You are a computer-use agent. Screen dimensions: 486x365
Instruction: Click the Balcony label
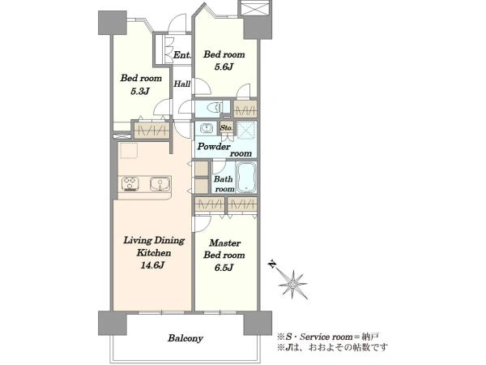[x=185, y=338]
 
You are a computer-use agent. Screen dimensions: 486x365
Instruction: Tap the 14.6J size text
[x=152, y=265]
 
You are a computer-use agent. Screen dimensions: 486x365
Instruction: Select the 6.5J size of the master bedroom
[x=224, y=268]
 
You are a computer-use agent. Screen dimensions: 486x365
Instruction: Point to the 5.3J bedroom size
[x=140, y=91]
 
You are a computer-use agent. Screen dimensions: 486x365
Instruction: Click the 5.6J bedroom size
[x=224, y=67]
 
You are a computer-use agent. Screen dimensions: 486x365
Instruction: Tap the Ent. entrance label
[x=182, y=55]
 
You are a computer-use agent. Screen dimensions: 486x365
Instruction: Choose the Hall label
[x=182, y=84]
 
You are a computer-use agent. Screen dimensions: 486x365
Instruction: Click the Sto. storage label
[x=227, y=127]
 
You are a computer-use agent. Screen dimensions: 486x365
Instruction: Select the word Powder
[x=214, y=147]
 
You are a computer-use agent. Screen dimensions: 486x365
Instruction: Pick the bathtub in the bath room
[x=246, y=177]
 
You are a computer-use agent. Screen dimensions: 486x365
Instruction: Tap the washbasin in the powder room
[x=206, y=128]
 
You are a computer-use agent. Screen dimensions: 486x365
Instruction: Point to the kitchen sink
[x=160, y=184]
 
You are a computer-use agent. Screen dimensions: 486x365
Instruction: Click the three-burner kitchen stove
[x=130, y=184]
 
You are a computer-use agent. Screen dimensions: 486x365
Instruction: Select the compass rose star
[x=292, y=285]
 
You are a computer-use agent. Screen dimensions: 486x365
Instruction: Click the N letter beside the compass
[x=272, y=264]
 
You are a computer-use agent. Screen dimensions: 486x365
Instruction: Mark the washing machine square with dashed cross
[x=246, y=130]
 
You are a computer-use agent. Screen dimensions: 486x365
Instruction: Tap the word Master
[x=224, y=243]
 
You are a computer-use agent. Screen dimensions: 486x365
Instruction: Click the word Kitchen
[x=154, y=252]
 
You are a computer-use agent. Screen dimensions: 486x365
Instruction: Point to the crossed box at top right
[x=254, y=8]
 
